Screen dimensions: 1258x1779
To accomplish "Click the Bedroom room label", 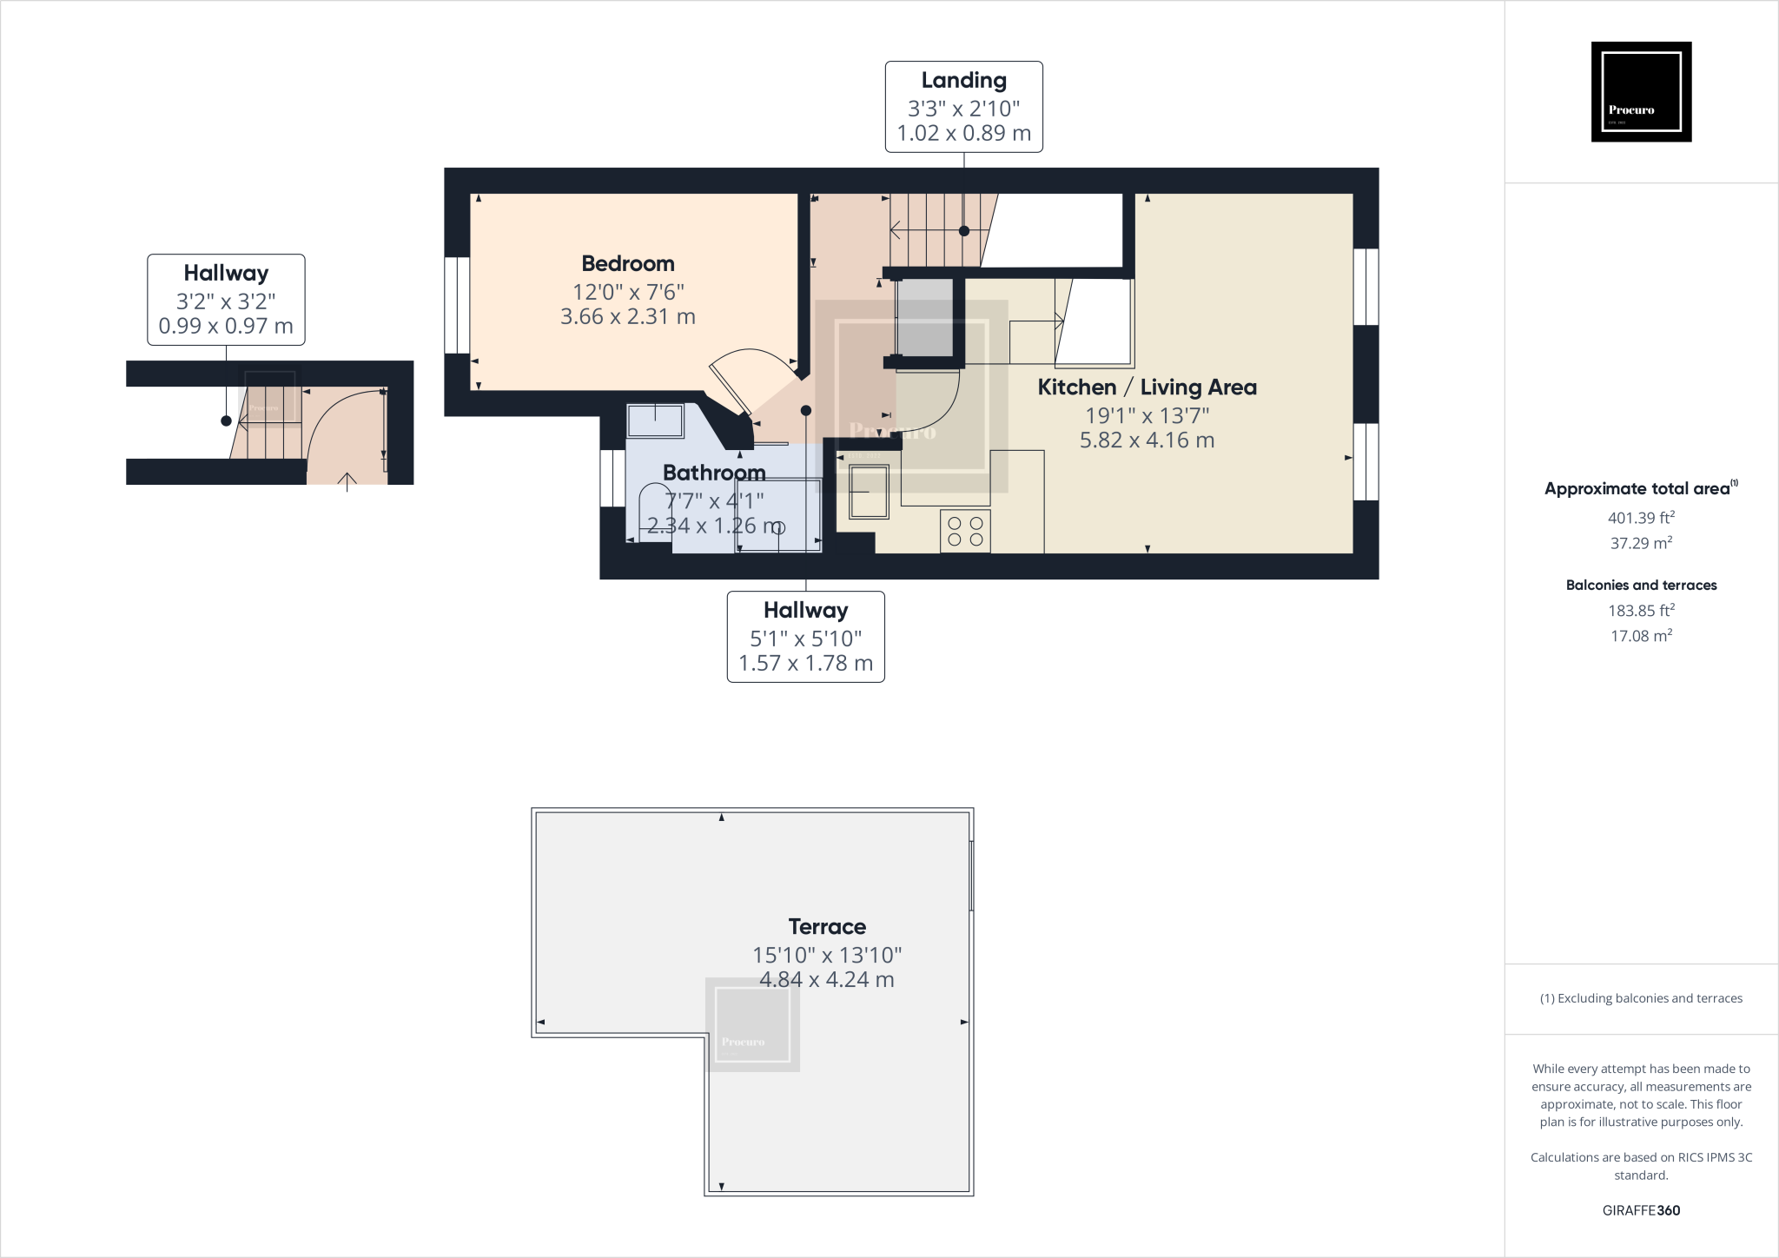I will click(627, 263).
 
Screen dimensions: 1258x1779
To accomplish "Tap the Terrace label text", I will click(826, 926).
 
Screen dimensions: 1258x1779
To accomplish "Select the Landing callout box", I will click(963, 107).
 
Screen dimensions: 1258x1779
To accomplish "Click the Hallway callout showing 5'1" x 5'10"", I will click(805, 637).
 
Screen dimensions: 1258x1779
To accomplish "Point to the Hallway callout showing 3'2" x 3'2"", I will click(226, 300).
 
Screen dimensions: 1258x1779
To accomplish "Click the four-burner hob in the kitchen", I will click(965, 531).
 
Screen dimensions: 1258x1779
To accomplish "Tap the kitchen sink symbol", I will click(869, 491).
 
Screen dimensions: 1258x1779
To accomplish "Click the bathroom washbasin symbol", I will click(655, 420).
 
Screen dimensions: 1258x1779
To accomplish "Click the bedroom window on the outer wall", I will click(457, 305).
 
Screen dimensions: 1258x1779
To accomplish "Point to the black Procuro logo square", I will click(1641, 91).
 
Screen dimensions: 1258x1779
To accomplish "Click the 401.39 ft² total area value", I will click(1641, 518).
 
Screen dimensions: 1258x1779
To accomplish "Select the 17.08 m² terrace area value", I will click(1641, 636).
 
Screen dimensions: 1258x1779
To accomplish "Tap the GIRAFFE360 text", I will click(1641, 1210).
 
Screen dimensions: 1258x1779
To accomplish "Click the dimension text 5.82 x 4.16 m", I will click(1147, 440).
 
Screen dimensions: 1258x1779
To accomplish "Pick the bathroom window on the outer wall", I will click(612, 478).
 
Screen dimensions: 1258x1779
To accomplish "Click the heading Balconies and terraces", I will click(1641, 585).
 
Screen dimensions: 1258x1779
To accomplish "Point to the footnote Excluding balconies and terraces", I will click(1641, 998).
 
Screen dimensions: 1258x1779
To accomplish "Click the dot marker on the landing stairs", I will click(964, 231).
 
